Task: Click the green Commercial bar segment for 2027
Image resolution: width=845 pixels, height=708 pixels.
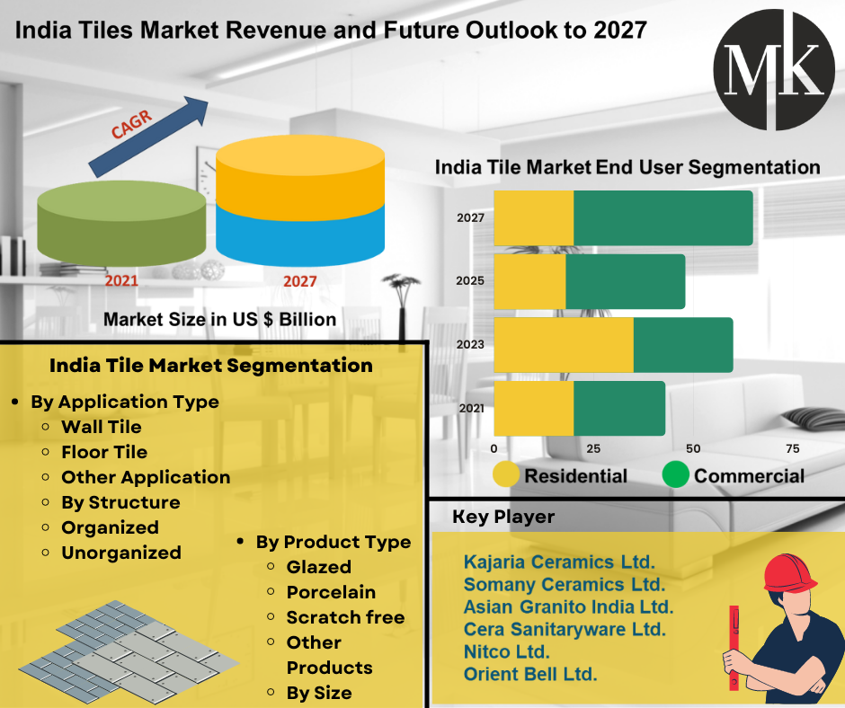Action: [663, 218]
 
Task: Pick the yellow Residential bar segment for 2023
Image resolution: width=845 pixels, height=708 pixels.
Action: [564, 344]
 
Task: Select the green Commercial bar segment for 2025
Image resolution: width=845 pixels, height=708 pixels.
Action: [625, 281]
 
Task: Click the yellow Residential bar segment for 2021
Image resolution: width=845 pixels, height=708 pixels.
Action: [533, 408]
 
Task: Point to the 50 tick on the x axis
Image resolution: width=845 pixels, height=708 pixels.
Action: [692, 448]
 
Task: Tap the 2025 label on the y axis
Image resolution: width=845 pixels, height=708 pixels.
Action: [469, 281]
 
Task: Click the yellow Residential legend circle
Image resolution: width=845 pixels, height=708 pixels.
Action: [506, 474]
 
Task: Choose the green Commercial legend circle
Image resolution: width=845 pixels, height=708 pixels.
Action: [675, 474]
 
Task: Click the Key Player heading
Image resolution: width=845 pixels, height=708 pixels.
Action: [503, 517]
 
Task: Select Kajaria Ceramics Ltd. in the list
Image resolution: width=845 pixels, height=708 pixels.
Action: [559, 562]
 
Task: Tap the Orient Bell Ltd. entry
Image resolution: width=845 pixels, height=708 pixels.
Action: [530, 674]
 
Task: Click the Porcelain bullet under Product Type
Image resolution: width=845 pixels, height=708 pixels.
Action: [331, 592]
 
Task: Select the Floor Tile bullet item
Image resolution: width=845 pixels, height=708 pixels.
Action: [104, 452]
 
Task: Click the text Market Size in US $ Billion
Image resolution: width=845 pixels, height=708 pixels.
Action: [219, 319]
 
